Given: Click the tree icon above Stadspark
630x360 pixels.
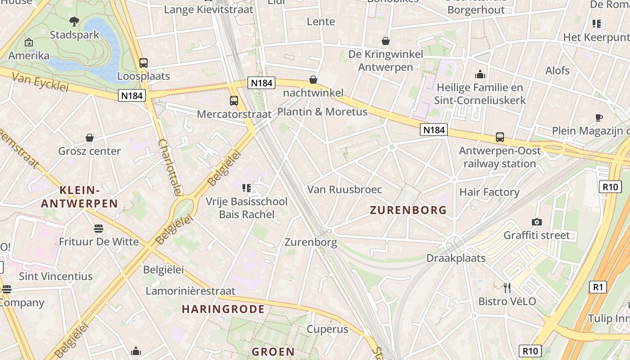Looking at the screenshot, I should [74, 21].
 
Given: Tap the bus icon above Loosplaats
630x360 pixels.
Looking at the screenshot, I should [144, 63].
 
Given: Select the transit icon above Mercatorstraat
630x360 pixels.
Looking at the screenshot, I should [234, 101].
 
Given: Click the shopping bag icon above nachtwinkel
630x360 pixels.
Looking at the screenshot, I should [313, 80].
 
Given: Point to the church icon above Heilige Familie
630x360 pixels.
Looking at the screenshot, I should [480, 74].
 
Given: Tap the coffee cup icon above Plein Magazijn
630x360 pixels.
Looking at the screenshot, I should [599, 117].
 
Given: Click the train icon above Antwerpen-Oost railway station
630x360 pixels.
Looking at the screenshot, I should [499, 137].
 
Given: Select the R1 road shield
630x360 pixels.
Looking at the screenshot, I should [597, 287].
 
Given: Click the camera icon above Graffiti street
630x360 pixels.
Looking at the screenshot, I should [536, 222].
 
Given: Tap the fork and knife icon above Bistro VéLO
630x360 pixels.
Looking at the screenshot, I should [507, 288].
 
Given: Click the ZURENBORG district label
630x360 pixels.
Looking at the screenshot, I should [408, 210].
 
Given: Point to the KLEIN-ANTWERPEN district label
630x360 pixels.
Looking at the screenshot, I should [79, 197].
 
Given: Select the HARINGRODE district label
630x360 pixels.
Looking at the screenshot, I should [223, 309].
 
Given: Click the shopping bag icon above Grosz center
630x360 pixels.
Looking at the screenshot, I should [90, 138].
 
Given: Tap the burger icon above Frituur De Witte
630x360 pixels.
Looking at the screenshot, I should [99, 229].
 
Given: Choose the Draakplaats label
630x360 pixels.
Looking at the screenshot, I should [456, 258].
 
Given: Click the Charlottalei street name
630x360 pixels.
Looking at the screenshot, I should [170, 167].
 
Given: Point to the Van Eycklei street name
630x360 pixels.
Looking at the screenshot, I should [40, 82].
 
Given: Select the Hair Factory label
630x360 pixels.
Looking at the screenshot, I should [489, 192].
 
